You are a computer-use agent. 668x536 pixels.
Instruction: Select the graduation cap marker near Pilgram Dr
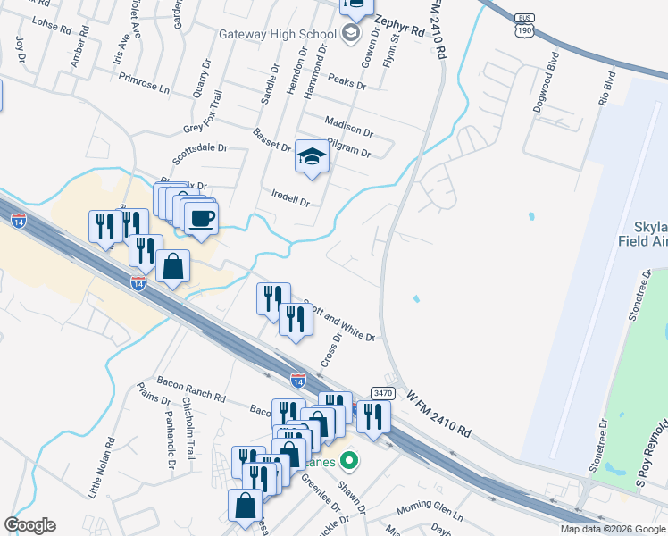point(312,158)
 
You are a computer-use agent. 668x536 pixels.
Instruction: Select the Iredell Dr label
point(290,197)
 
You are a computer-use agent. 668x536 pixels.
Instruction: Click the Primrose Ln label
point(143,88)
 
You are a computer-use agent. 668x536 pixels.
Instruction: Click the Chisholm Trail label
point(188,429)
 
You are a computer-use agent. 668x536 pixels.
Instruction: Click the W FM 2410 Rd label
point(438,413)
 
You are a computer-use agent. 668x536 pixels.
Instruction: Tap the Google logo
point(29,525)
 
